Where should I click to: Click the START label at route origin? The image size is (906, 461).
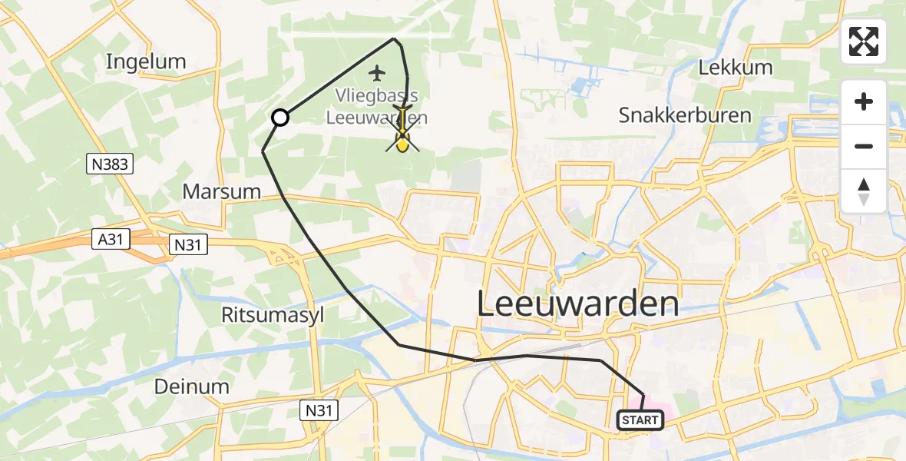pos(640,420)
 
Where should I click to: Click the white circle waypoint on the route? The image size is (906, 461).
pos(280,118)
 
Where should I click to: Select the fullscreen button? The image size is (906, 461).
pos(864,41)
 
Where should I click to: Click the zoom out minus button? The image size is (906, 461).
pos(864,146)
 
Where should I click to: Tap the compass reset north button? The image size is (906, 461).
pos(864,191)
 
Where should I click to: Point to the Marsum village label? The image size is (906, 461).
pos(222,191)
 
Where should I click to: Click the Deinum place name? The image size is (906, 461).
pos(192,386)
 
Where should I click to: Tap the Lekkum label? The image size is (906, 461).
pos(736,68)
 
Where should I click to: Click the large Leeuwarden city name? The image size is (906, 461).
pos(578,304)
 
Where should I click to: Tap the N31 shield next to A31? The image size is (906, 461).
pos(187,244)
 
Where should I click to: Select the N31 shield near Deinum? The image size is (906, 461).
pos(318,411)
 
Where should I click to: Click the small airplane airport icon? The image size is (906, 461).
pos(376,74)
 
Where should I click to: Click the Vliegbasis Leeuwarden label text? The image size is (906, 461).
pos(376,107)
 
